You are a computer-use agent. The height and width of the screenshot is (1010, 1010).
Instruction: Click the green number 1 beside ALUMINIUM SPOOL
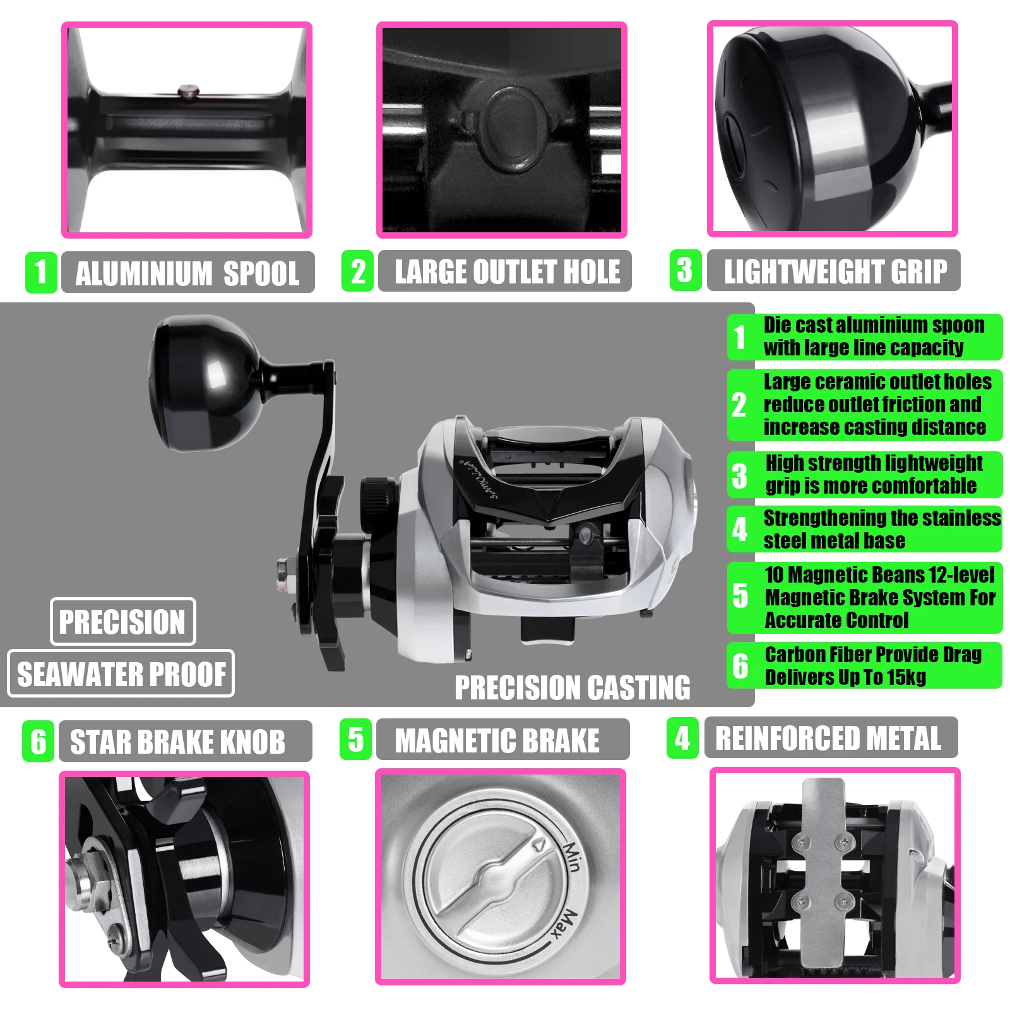[41, 272]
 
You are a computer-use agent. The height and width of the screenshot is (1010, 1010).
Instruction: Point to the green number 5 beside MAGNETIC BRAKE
[355, 739]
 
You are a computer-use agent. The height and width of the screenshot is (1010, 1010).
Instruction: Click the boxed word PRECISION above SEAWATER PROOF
[122, 622]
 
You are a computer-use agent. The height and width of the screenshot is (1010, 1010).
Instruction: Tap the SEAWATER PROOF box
[121, 674]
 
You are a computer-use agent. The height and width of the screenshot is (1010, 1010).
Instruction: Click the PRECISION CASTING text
[572, 687]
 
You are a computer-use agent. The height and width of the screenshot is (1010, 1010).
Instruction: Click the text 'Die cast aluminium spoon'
[874, 325]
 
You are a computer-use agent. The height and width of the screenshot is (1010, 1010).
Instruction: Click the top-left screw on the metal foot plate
[802, 840]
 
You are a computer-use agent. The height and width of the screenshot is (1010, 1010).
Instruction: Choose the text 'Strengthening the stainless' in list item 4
[881, 518]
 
